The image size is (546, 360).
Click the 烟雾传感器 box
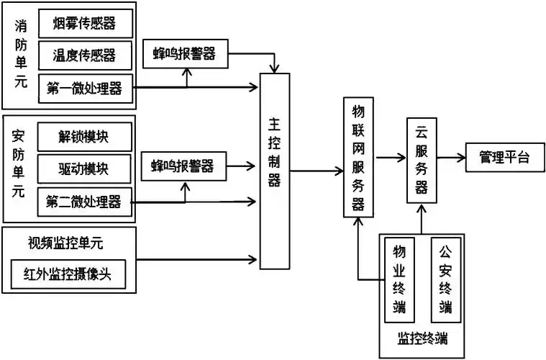click(84, 23)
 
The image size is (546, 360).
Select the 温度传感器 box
click(84, 55)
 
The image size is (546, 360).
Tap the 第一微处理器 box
click(84, 88)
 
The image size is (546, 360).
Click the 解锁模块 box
click(84, 136)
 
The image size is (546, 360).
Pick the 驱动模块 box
click(84, 168)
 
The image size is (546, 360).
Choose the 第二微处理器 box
click(84, 199)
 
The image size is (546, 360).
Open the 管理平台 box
click(504, 158)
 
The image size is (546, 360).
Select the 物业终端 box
click(399, 280)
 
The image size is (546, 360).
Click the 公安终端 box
click(446, 280)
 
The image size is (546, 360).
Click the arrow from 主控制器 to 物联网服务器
click(317, 171)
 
